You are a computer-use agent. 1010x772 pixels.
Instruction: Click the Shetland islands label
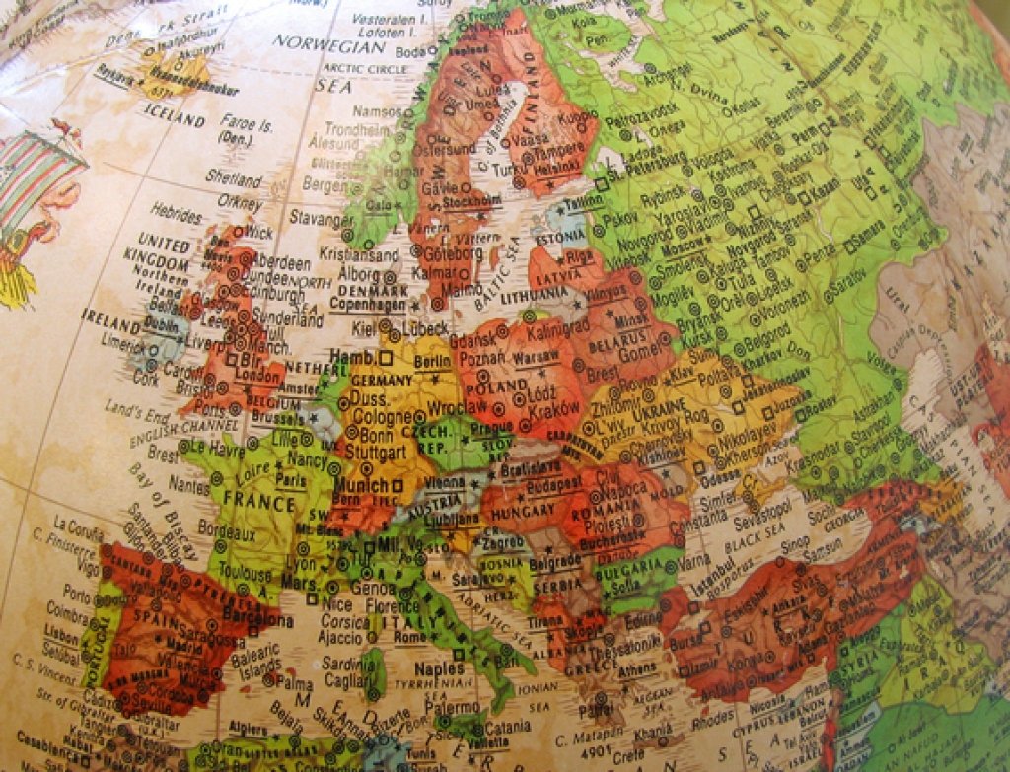point(234,178)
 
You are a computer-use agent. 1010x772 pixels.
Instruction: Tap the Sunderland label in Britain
point(287,319)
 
